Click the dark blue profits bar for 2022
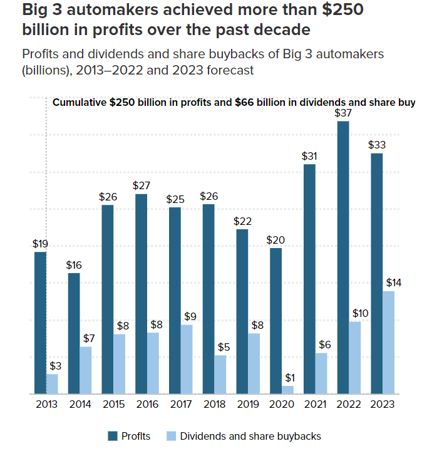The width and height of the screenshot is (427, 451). (342, 257)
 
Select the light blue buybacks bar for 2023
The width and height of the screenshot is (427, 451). (388, 342)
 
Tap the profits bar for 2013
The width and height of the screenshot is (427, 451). (40, 323)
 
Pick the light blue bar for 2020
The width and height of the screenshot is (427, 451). (287, 390)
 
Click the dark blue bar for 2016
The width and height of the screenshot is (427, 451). (141, 294)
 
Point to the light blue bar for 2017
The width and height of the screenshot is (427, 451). (187, 359)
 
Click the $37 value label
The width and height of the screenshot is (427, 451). (342, 113)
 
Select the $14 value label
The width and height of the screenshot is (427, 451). (393, 283)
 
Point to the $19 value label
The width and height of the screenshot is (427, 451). (40, 244)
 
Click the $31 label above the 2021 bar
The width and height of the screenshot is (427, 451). (309, 156)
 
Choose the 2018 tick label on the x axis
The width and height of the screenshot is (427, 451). (214, 405)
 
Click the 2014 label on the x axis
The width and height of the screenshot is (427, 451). (80, 405)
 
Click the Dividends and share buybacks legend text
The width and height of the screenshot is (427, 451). (250, 436)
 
